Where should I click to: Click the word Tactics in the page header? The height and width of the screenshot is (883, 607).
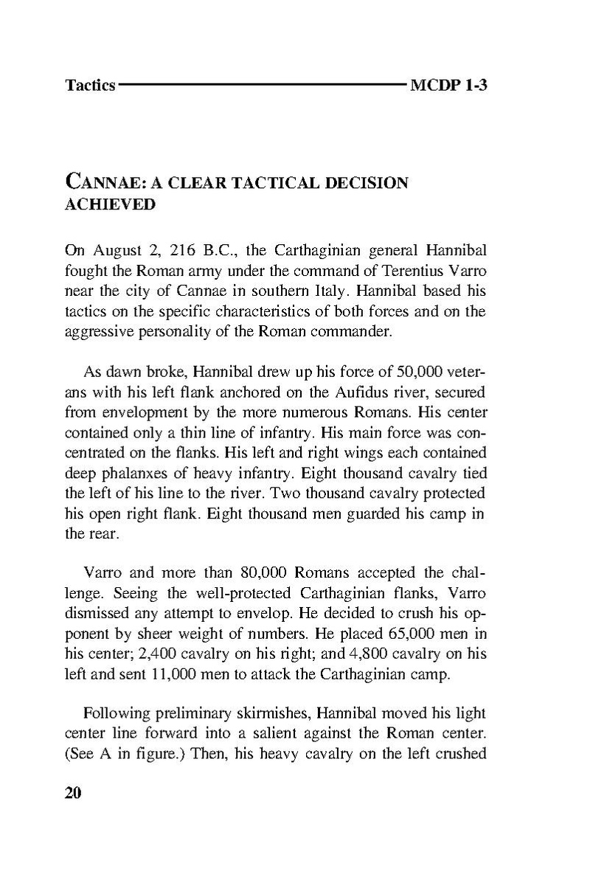90,86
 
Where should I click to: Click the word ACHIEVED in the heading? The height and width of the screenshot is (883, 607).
110,204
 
